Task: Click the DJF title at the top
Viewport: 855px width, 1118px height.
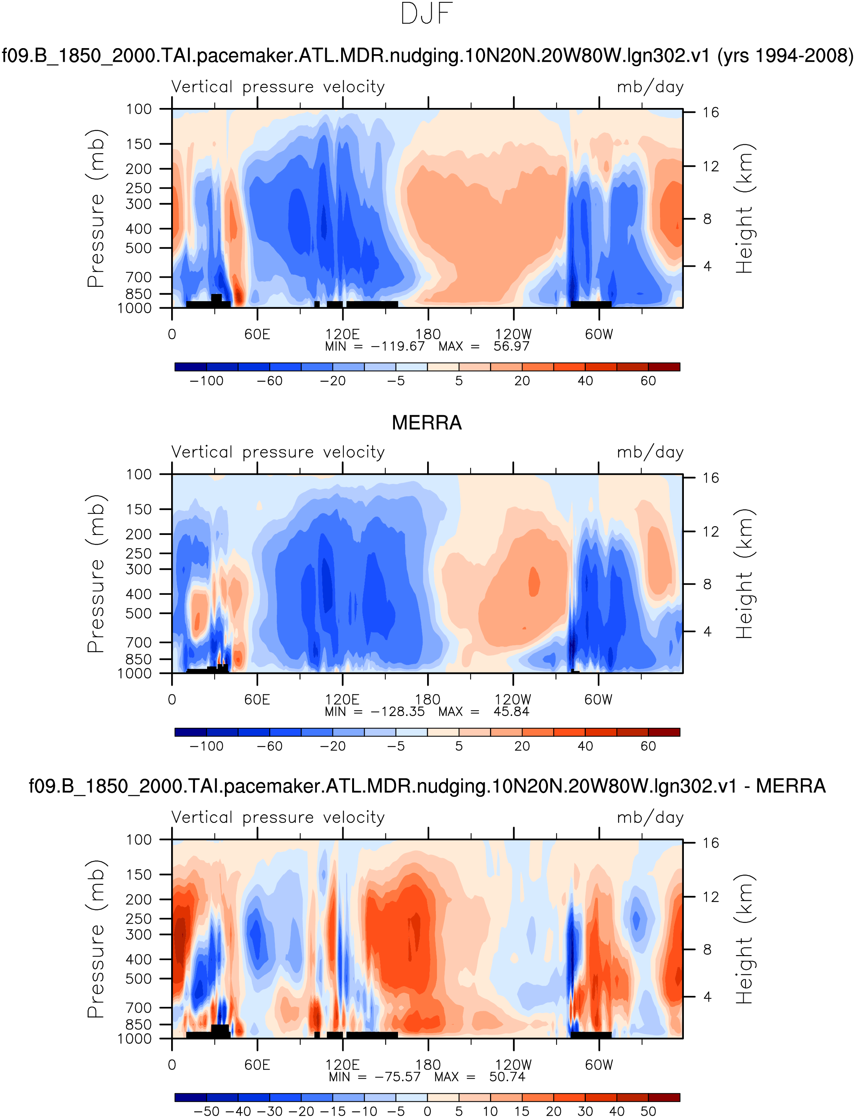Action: tap(426, 14)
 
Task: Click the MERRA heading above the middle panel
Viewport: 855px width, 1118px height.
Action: tap(426, 422)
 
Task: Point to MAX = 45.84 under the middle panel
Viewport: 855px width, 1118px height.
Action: tap(484, 712)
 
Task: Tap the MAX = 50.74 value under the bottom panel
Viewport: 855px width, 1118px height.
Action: tap(480, 1077)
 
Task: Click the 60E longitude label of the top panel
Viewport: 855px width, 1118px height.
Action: tap(257, 335)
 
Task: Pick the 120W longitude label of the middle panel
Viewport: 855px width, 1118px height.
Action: tap(513, 699)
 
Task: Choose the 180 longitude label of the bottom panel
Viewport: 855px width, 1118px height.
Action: tap(427, 1065)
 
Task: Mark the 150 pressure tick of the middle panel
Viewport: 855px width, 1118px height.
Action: tap(139, 510)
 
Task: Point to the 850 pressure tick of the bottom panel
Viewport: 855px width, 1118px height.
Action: tap(139, 1024)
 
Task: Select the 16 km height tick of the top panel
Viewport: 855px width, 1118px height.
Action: tap(710, 113)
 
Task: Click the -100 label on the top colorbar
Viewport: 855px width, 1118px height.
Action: tap(207, 381)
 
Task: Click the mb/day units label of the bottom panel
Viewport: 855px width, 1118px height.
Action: tap(650, 818)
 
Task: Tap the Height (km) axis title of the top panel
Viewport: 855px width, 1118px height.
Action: tap(744, 209)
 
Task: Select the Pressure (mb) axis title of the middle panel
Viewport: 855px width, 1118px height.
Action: tap(96, 574)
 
